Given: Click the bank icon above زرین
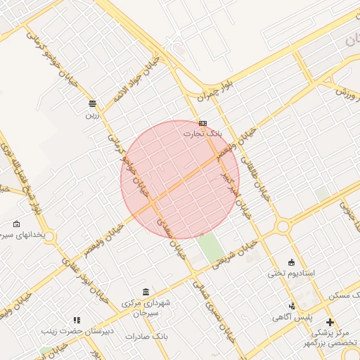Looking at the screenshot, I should pyautogui.click(x=92, y=103).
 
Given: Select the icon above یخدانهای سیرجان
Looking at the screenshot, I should pyautogui.click(x=16, y=224).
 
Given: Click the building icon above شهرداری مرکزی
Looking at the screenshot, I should pyautogui.click(x=146, y=292).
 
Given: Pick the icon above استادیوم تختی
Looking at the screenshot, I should pyautogui.click(x=292, y=262).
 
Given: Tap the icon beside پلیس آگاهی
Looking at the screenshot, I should pyautogui.click(x=292, y=306).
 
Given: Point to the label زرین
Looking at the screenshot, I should pyautogui.click(x=92, y=113).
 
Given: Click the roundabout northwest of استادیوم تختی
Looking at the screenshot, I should pyautogui.click(x=283, y=226).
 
